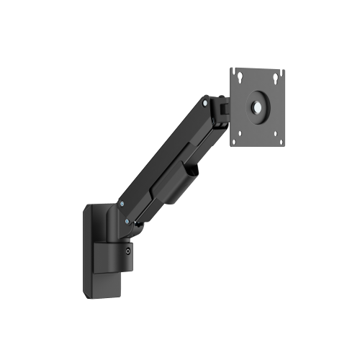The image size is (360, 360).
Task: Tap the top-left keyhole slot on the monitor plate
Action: click(237, 73)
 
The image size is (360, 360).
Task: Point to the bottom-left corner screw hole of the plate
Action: click(234, 141)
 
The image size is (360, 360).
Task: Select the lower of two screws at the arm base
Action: click(128, 222)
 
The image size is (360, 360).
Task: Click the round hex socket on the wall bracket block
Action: click(128, 251)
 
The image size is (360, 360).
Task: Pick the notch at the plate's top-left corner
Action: click(233, 68)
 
